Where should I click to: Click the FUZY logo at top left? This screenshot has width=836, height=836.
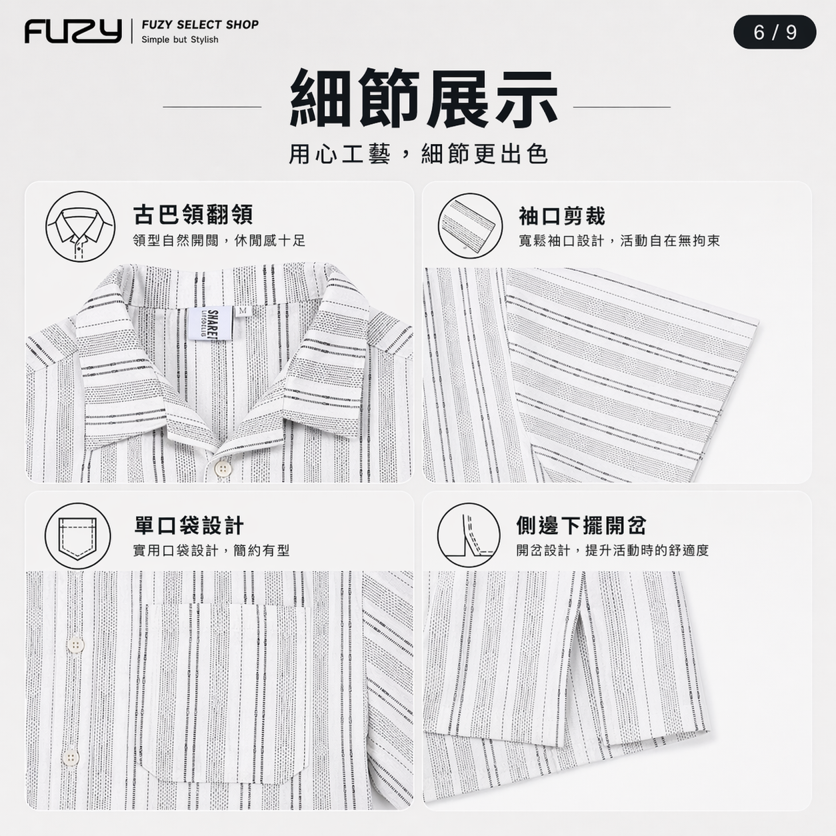click(x=73, y=31)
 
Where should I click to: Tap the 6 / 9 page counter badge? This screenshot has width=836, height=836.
click(x=775, y=32)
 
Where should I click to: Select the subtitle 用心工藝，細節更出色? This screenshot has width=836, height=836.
click(x=418, y=155)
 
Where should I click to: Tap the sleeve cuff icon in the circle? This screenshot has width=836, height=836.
click(x=469, y=225)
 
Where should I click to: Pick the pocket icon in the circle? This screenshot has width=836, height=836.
click(x=78, y=535)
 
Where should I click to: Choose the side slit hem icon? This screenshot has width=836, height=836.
click(x=469, y=535)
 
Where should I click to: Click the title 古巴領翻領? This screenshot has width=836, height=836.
click(x=193, y=215)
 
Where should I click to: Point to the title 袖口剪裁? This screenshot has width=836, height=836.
click(x=561, y=216)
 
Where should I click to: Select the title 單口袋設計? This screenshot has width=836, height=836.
click(x=189, y=525)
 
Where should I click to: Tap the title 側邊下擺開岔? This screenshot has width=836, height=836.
click(x=581, y=525)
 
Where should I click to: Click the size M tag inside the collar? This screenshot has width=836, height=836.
click(x=243, y=311)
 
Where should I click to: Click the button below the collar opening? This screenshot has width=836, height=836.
click(x=222, y=468)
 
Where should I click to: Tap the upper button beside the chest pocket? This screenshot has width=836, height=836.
click(x=76, y=645)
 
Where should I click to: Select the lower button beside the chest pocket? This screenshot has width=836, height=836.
click(x=71, y=756)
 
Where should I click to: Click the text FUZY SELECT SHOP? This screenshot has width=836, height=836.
click(x=200, y=25)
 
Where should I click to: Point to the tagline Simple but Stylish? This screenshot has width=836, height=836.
click(x=180, y=39)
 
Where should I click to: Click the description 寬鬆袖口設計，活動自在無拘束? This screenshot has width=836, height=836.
click(x=619, y=241)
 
